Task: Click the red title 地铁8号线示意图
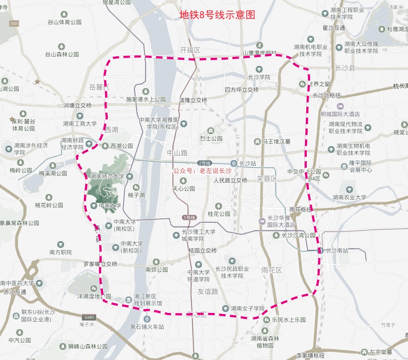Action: click(217, 15)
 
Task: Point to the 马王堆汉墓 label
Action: click(276, 142)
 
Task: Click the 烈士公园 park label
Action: click(211, 139)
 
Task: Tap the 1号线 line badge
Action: click(189, 217)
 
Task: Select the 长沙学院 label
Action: click(259, 77)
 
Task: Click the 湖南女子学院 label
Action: click(248, 309)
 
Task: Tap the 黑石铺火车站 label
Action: click(147, 326)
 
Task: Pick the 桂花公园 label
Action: click(219, 214)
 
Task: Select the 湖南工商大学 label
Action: click(80, 124)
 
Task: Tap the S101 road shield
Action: click(14, 23)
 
